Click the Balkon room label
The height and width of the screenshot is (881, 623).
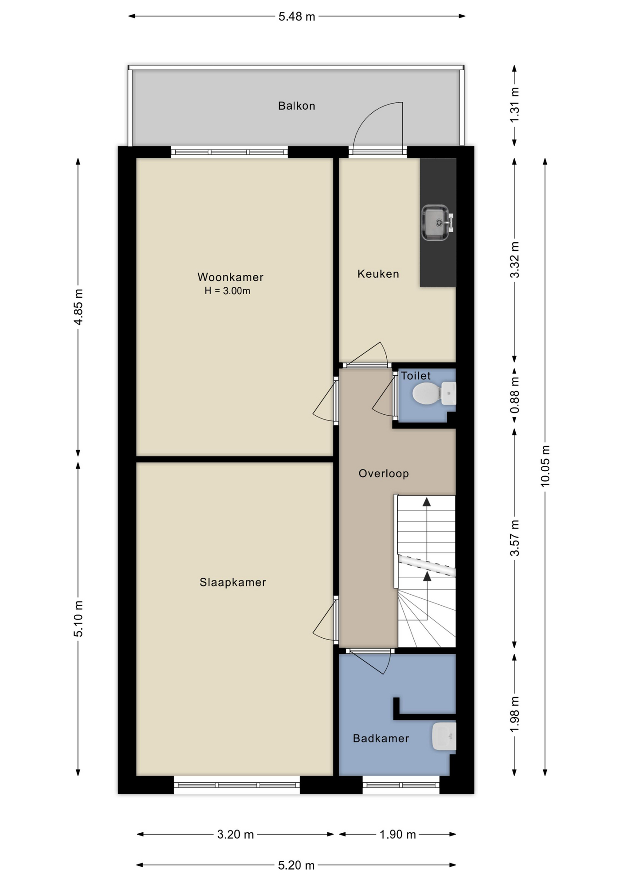pos(296,106)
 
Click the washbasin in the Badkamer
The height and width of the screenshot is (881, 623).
pos(444,736)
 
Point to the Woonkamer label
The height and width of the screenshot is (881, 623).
pos(230,277)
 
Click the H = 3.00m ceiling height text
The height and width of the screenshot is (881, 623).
pos(228,291)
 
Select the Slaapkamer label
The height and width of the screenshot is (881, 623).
pos(233,582)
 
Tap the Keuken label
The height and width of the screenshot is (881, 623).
pos(378,274)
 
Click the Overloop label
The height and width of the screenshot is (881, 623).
pos(384,474)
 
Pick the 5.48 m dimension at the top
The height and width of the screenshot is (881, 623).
pos(297,17)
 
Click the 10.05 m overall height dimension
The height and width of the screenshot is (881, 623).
pos(545,466)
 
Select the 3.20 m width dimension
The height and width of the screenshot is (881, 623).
pos(235,834)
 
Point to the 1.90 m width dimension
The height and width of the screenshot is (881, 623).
pos(397,834)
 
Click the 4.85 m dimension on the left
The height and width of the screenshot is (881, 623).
pos(78,307)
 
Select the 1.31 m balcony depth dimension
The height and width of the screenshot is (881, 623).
pos(515,105)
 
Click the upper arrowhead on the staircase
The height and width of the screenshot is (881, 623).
pos(427,502)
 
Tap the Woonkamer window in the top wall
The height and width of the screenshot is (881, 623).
pos(229,152)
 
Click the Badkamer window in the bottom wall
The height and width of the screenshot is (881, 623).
pos(401,785)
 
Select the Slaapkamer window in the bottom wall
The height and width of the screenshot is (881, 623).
pos(237,785)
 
